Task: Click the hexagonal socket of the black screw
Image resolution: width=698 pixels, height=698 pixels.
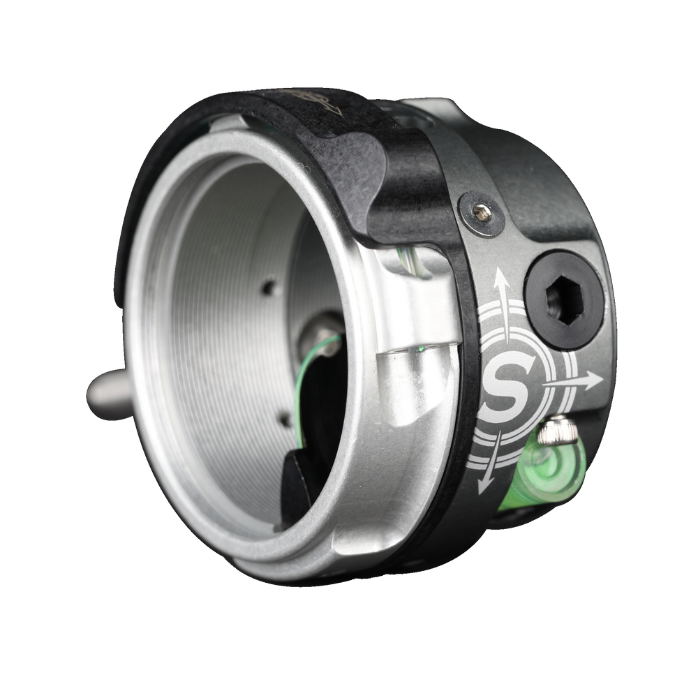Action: click(565, 299)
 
